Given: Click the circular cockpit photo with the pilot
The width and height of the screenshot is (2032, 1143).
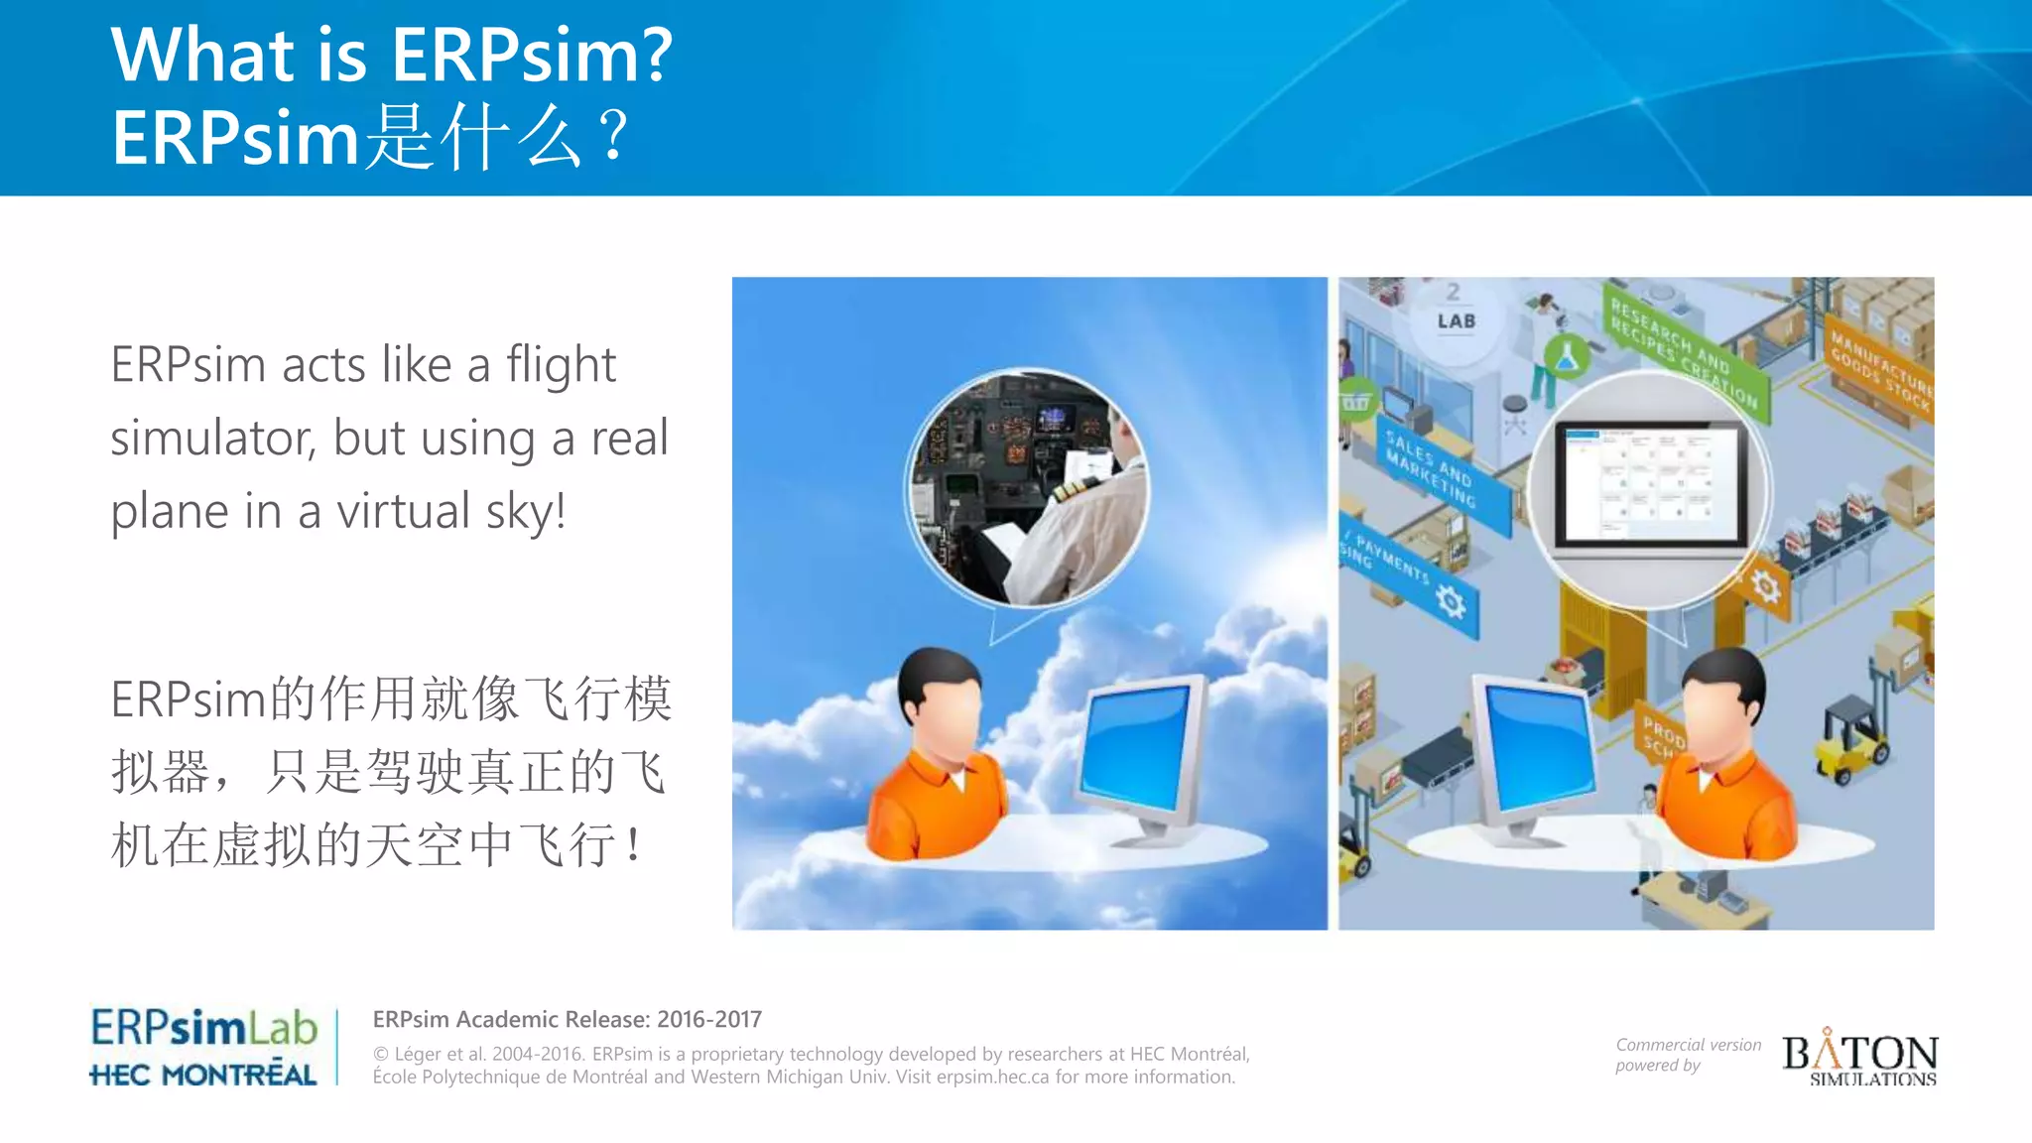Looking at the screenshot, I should point(1029,488).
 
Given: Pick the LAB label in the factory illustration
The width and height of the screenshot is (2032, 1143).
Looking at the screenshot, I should point(1456,321).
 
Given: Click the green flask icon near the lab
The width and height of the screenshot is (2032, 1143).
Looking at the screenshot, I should point(1567,356).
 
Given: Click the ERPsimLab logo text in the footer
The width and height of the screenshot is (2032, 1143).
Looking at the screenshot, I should point(203,1028).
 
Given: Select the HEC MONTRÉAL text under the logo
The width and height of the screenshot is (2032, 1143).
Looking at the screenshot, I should point(203,1075).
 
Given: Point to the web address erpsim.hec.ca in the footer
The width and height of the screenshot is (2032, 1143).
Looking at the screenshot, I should point(992,1078).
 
